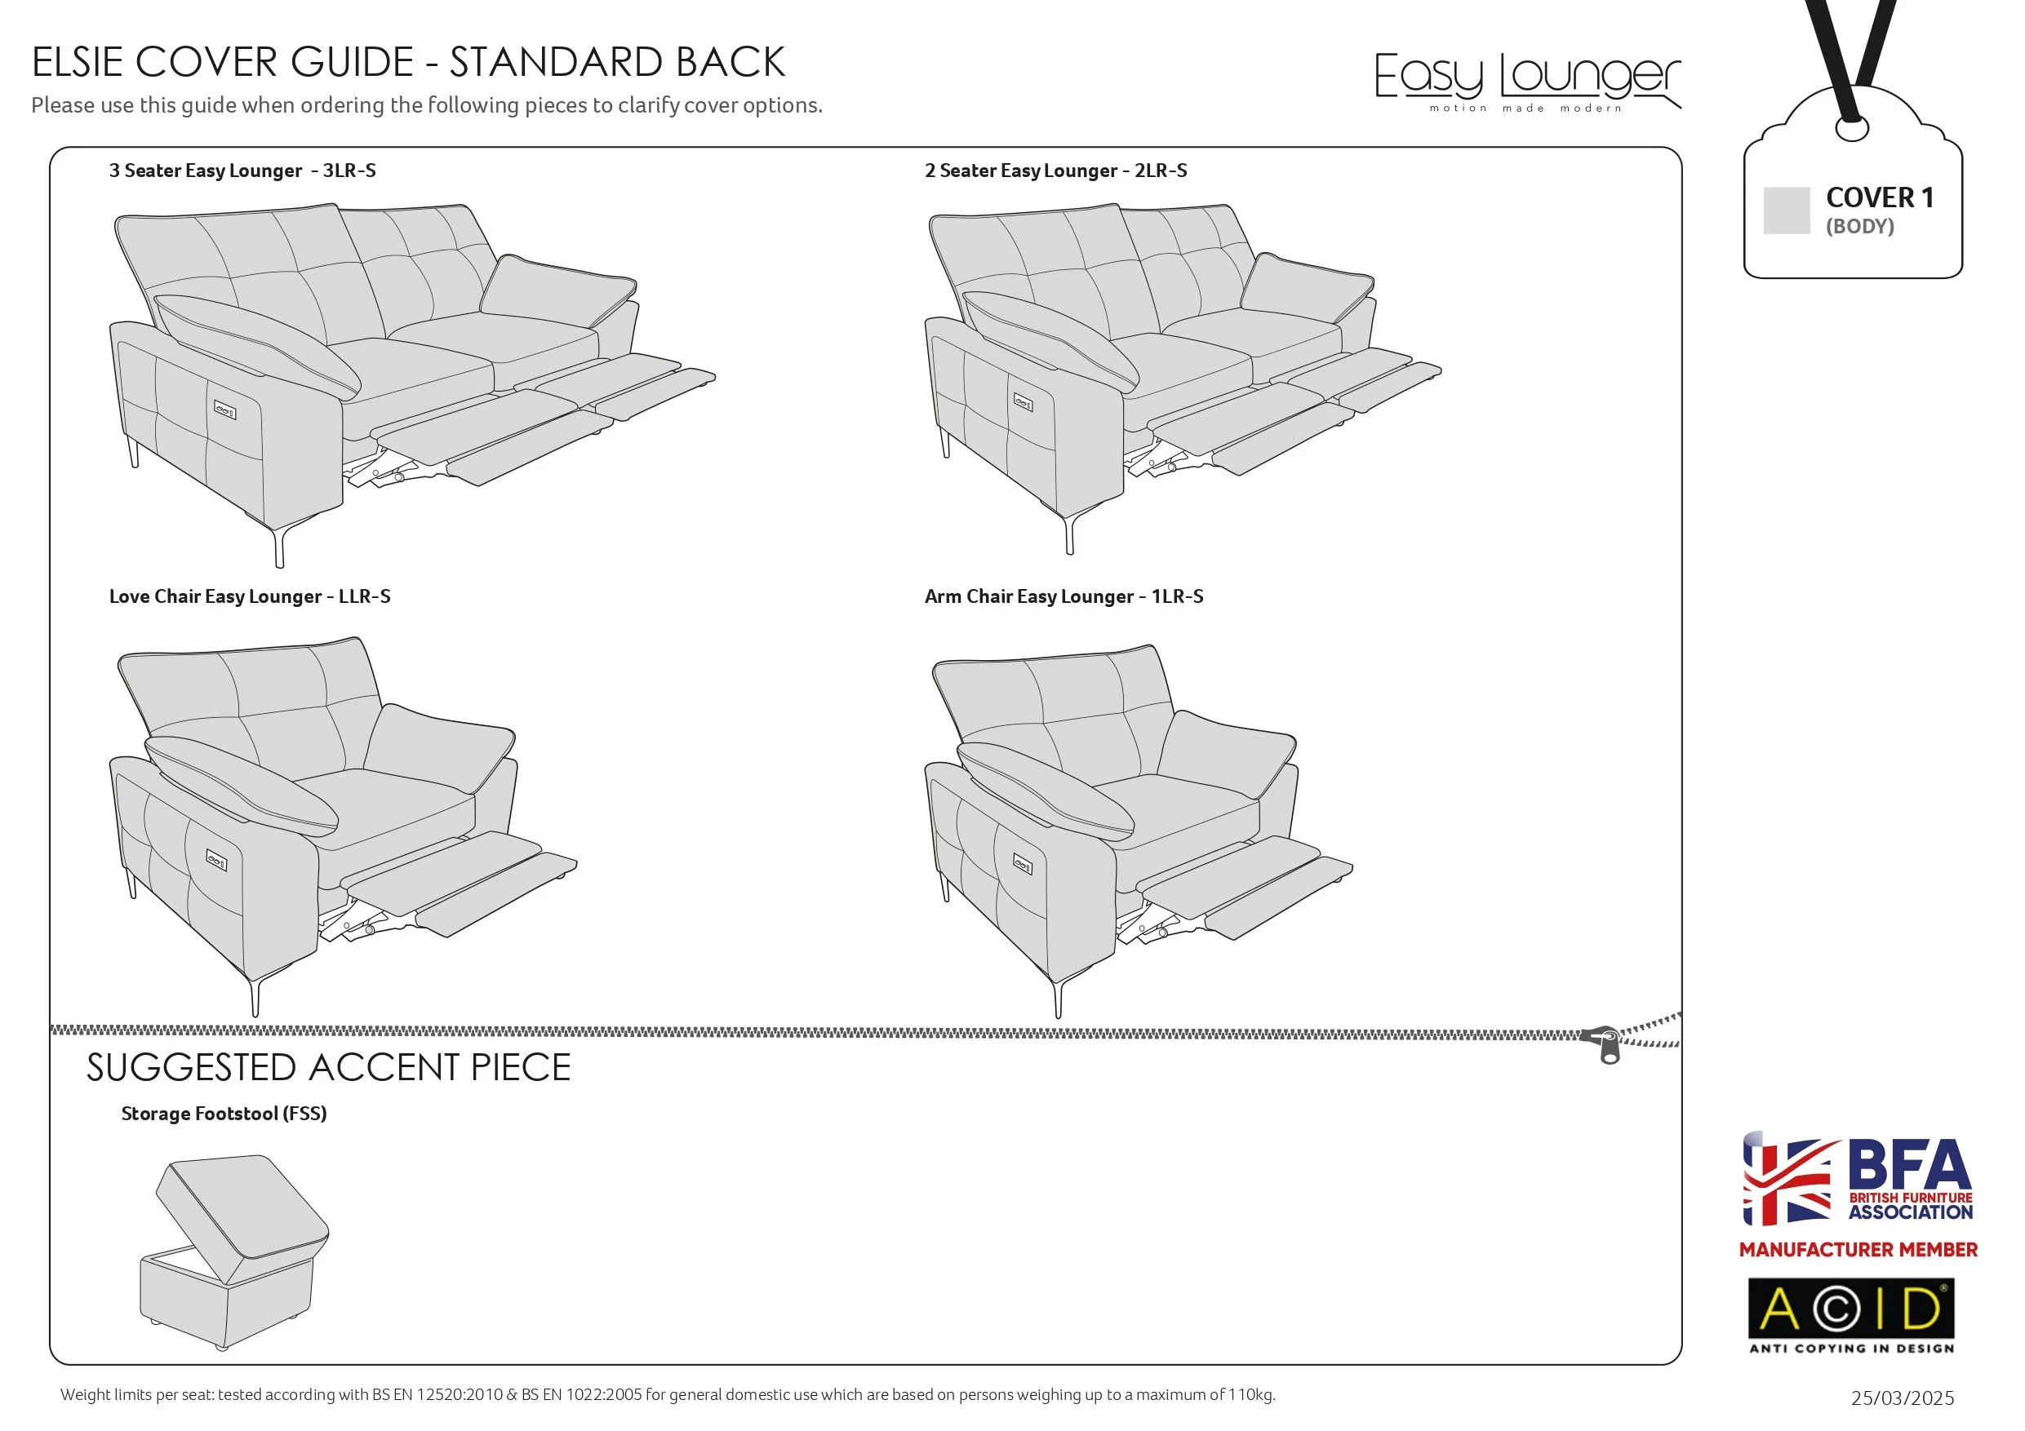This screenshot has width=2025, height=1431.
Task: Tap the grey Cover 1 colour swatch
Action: point(1786,210)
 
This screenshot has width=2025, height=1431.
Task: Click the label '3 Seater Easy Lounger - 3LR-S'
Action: point(242,171)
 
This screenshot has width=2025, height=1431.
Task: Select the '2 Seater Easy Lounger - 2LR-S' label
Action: point(1055,171)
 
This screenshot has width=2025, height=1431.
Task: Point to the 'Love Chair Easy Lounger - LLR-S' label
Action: point(250,597)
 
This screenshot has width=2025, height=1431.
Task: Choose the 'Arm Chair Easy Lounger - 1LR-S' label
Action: point(1064,597)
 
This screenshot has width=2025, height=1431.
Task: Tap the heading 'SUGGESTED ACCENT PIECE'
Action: point(328,1068)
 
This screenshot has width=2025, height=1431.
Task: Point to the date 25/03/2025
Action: point(1902,1398)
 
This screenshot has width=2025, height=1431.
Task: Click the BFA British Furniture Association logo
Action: point(1858,1180)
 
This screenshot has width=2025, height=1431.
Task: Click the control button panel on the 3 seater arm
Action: point(225,410)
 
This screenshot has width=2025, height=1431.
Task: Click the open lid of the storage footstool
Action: point(242,1212)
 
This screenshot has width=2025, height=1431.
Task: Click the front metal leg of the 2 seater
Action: point(1069,534)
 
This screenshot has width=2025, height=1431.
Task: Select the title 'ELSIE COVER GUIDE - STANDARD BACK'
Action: point(408,63)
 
